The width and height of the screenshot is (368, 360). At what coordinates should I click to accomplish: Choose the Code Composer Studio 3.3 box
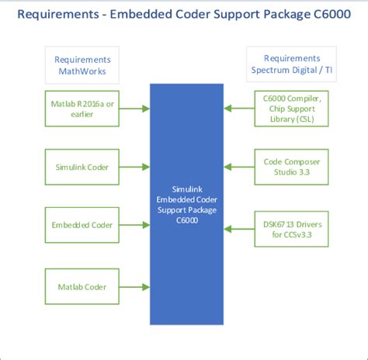[291, 167]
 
